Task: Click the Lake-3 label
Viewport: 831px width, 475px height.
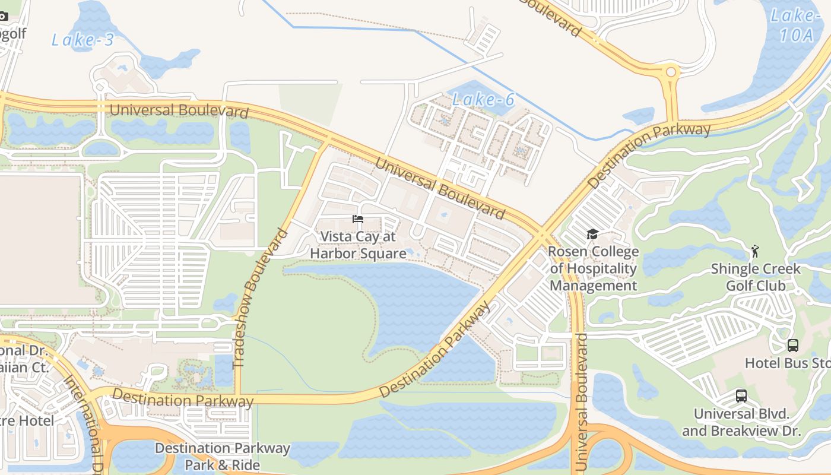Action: click(82, 40)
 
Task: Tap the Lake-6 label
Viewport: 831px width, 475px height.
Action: click(483, 100)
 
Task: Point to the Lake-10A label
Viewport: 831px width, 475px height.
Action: click(795, 25)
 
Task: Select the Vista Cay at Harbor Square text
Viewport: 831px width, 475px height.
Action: click(358, 245)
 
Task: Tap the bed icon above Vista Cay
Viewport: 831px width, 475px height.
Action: click(357, 219)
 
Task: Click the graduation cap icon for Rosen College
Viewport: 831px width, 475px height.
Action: click(592, 234)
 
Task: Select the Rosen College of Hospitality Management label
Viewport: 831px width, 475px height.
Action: click(593, 268)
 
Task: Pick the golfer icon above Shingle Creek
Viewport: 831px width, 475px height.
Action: click(755, 251)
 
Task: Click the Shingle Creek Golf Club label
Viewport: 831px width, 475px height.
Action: click(756, 277)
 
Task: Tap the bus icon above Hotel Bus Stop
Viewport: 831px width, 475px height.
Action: click(792, 345)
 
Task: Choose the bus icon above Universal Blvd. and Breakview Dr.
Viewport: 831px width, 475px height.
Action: click(741, 395)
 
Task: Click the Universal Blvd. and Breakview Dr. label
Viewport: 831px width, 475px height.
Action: click(741, 422)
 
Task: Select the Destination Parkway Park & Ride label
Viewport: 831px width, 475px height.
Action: click(223, 456)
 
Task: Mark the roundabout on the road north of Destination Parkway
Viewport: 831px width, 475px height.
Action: click(671, 72)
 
